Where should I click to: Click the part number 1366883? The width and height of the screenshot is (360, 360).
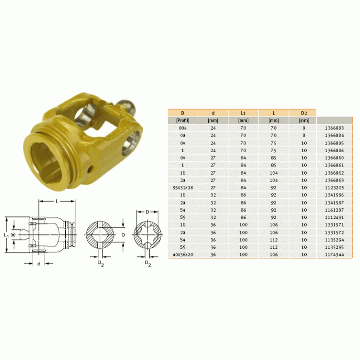click(334, 128)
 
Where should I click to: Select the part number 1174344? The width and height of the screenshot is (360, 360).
click(334, 254)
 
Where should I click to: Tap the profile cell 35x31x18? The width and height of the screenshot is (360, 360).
click(183, 188)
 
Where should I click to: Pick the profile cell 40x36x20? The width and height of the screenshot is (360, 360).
click(183, 254)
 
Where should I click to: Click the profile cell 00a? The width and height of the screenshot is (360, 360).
click(183, 128)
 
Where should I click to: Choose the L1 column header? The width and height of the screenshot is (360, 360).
click(243, 113)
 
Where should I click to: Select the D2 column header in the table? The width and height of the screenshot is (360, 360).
click(304, 113)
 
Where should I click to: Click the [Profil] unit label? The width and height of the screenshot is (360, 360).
click(183, 120)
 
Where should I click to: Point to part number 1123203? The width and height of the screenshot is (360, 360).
click(334, 188)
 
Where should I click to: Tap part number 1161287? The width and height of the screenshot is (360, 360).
click(334, 210)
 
